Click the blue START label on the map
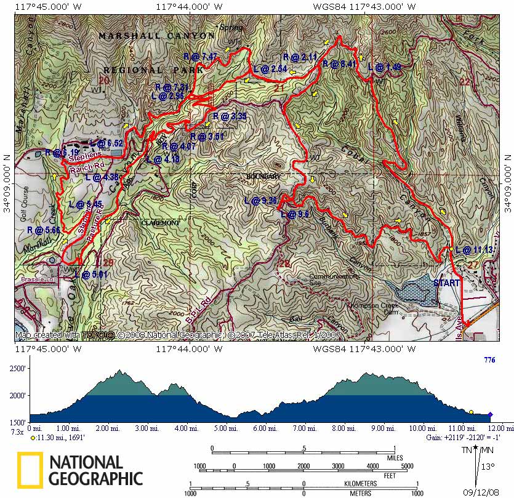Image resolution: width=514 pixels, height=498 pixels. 446,283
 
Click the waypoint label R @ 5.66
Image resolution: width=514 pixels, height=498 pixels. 43,230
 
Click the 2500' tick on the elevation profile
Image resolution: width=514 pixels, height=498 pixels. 17,368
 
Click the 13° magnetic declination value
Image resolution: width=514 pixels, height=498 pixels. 488,467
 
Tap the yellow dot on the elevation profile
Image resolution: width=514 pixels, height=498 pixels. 471,412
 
